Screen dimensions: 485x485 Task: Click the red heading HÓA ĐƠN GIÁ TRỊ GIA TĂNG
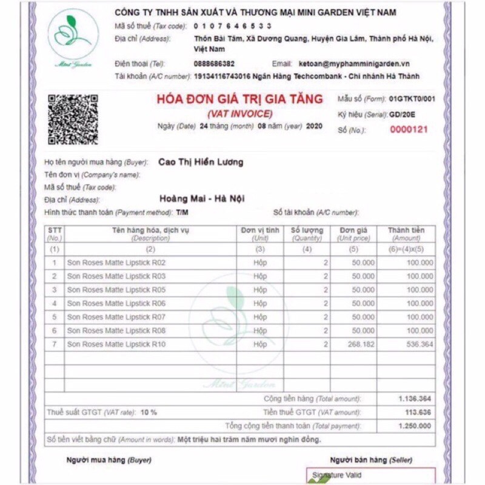(239, 101)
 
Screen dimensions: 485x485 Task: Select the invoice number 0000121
(409, 129)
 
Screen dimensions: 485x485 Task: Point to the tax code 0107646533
(233, 25)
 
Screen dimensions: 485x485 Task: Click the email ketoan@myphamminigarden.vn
(354, 64)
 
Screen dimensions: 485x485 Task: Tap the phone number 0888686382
(215, 64)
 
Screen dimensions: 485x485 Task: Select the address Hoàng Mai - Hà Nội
(202, 199)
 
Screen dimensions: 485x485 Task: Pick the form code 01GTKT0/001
(412, 98)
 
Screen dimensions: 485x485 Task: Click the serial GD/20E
(403, 114)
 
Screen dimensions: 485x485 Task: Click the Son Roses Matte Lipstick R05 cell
(116, 290)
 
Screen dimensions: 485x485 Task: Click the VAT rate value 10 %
(149, 412)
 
